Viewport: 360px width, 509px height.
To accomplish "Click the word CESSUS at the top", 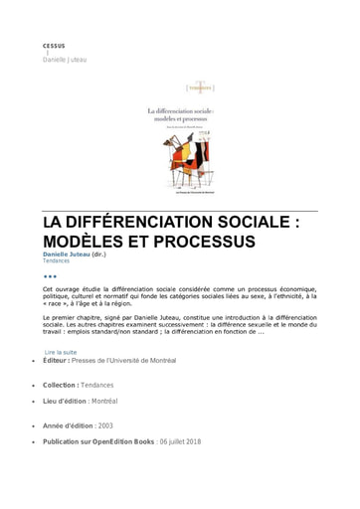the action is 54,46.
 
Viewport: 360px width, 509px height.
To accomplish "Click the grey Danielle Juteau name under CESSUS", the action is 65,60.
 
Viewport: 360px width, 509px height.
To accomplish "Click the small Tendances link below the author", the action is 56,261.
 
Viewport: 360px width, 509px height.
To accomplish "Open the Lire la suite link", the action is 61,352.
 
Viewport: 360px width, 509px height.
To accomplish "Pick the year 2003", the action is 105,425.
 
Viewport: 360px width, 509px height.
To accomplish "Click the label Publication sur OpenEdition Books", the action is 98,441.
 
